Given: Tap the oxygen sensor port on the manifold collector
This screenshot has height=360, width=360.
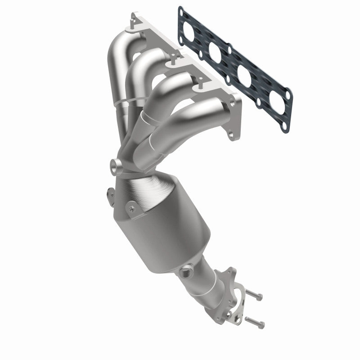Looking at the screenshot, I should tap(116, 166).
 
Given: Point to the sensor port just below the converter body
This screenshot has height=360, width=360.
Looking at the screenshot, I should tap(184, 273).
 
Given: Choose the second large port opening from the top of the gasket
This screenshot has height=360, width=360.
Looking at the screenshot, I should tap(215, 52).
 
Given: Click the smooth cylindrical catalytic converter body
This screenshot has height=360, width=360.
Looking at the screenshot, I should tap(175, 225).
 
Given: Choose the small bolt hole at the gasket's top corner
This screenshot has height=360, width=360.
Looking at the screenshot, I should tap(181, 9).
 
